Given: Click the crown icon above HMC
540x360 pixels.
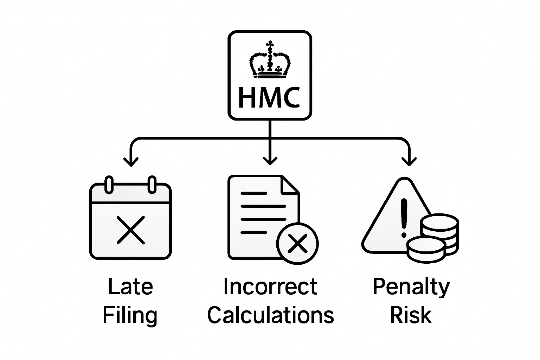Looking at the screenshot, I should coord(270,60).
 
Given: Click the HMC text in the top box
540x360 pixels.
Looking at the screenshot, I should coord(269,98).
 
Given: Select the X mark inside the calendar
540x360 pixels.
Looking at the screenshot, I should coord(130,230).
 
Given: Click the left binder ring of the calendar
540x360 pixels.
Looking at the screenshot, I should coord(109,184).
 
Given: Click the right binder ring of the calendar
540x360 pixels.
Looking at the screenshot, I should coord(152,184).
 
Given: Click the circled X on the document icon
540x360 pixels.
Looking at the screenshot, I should coord(297,243).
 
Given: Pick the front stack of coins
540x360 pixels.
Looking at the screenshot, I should coord(426,250).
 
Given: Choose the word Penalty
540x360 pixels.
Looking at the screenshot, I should coord(411,287).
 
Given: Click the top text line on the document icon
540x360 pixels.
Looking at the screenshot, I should coord(253,193).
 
